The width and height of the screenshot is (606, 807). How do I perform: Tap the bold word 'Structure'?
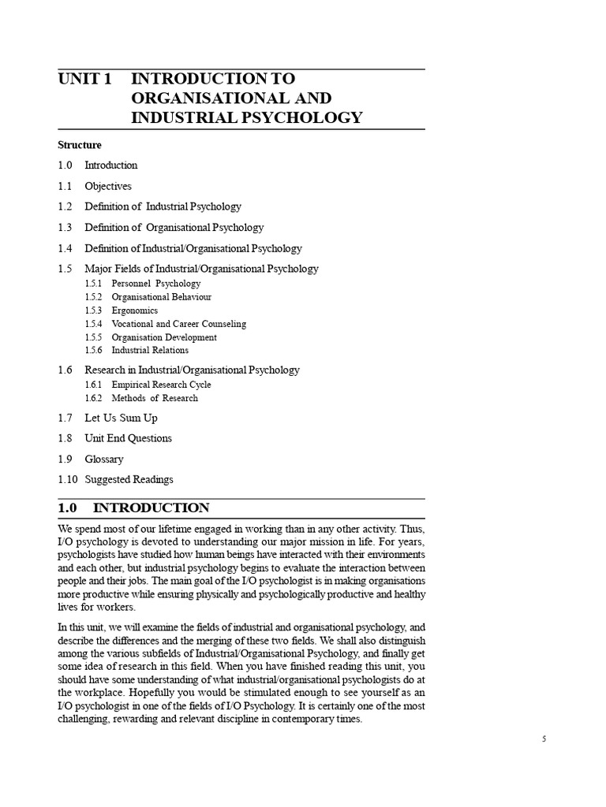point(80,145)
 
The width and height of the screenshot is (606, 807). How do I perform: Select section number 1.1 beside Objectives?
point(65,186)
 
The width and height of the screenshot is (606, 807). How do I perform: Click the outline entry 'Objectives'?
point(108,186)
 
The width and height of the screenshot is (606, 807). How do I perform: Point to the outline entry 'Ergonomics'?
point(135,311)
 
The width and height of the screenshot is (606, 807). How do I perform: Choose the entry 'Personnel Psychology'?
point(156,284)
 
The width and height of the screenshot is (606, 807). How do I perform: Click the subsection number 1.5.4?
point(93,324)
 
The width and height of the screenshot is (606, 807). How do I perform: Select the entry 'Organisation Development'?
point(164,337)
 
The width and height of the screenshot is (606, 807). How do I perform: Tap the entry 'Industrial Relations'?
point(150,351)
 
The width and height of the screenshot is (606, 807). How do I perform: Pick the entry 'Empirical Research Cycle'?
point(161,385)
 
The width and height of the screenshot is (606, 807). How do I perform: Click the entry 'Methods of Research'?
point(155,398)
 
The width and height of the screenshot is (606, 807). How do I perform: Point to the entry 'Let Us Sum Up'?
point(122,418)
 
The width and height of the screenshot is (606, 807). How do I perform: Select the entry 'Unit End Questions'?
point(128,438)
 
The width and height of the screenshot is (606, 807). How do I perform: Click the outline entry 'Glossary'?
point(104,459)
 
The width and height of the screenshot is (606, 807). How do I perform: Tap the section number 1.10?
point(68,479)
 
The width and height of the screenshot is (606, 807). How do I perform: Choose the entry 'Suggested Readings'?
point(129,479)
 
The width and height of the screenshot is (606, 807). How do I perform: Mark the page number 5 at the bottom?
point(544,739)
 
